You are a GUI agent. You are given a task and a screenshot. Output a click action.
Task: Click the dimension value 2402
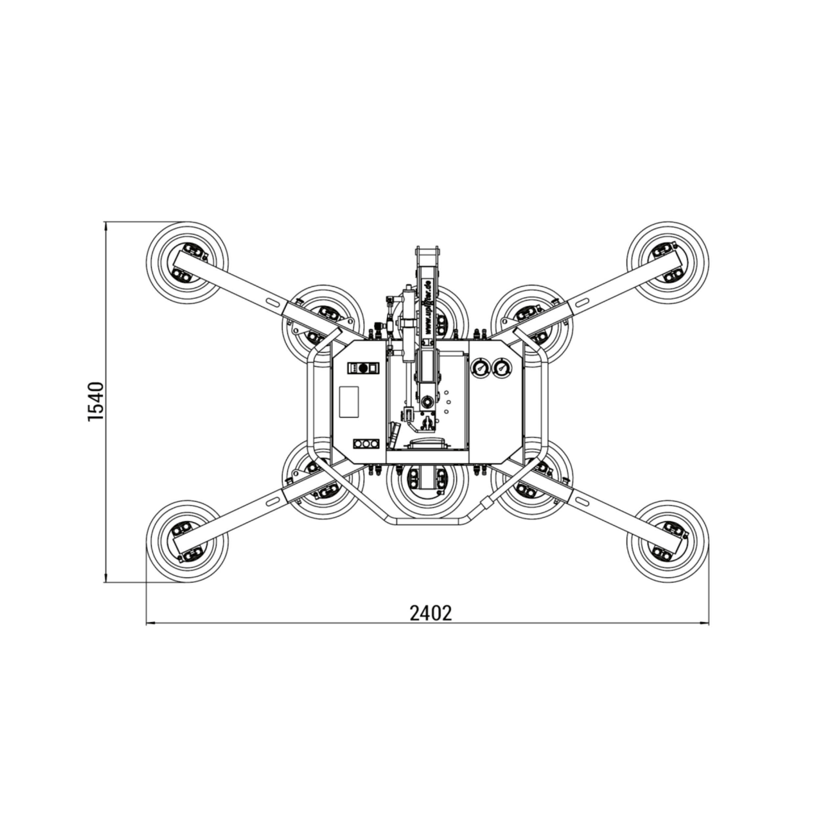tap(431, 613)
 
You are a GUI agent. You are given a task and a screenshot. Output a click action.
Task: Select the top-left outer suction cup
tap(187, 263)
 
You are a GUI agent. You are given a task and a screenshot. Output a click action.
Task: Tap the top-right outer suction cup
tap(668, 263)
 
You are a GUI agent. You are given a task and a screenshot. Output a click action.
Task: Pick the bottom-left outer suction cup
tap(187, 542)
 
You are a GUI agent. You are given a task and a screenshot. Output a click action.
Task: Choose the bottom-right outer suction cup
tap(668, 542)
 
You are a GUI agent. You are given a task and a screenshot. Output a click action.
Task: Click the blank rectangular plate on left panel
tap(349, 401)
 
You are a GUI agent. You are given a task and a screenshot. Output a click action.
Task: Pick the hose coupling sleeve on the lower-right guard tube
tap(485, 503)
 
